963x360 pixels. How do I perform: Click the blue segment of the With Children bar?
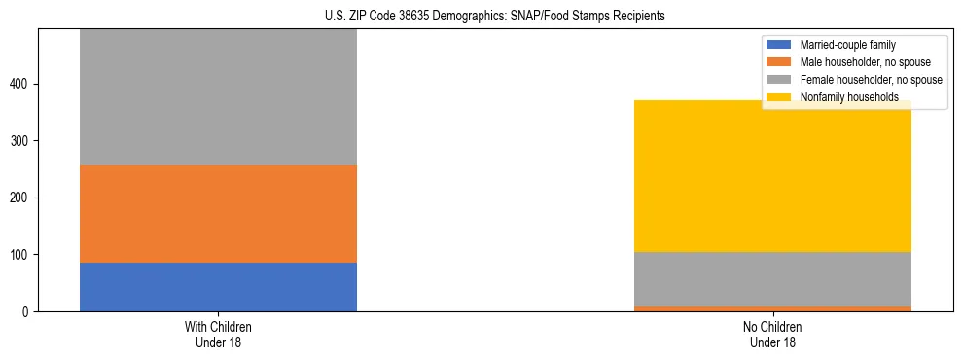[x=218, y=287]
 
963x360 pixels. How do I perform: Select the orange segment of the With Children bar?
[x=218, y=214]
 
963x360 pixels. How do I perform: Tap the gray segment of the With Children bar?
[x=218, y=97]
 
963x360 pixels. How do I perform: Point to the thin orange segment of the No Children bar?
[x=772, y=308]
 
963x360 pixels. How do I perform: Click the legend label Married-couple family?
[x=847, y=45]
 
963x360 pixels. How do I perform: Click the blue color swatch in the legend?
[x=781, y=45]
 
